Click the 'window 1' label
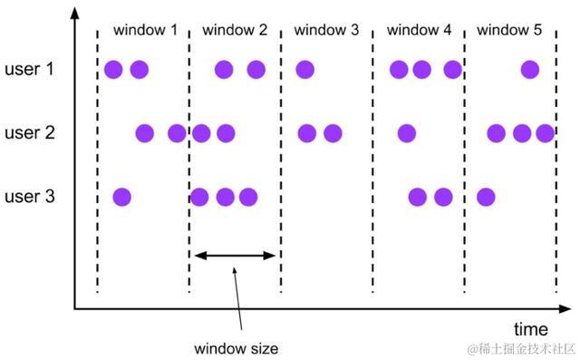(145, 30)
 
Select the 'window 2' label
(235, 30)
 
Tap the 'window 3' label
(326, 30)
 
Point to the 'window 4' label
(419, 30)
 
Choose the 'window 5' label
(509, 30)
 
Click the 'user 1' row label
(31, 69)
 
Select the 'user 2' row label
(31, 133)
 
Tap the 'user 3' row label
(31, 196)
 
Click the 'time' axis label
(531, 328)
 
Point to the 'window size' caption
(236, 348)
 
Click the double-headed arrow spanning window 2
(235, 256)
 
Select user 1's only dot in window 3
(304, 69)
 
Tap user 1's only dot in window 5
(530, 69)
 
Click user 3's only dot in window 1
(121, 196)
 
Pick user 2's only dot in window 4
(407, 133)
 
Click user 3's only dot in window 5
(486, 196)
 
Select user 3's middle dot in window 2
(225, 196)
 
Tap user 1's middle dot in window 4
(421, 69)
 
